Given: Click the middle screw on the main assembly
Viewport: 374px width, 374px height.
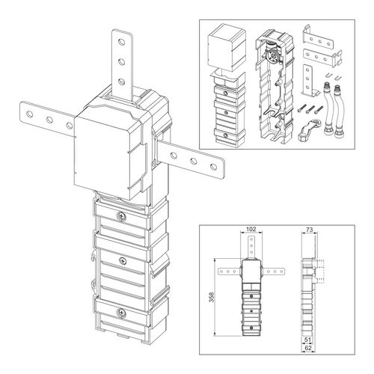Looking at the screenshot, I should tap(120, 261).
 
